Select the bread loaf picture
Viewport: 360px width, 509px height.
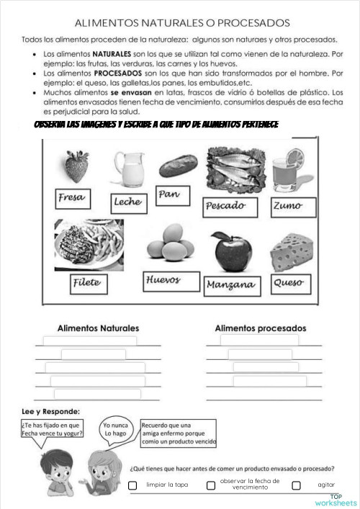click(x=177, y=166)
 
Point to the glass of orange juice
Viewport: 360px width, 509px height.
click(x=293, y=171)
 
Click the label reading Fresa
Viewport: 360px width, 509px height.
click(x=72, y=198)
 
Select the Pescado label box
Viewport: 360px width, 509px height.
click(x=230, y=206)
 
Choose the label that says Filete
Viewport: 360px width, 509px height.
click(x=86, y=283)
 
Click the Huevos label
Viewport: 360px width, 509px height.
click(x=163, y=280)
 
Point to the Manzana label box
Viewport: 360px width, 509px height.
click(x=230, y=286)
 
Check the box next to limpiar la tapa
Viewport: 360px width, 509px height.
click(x=132, y=485)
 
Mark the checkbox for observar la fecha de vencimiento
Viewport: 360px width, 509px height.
click(x=211, y=485)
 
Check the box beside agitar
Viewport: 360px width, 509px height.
click(x=296, y=485)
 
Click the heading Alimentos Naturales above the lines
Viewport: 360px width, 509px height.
click(x=98, y=328)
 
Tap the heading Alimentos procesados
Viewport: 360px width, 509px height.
click(x=260, y=328)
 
